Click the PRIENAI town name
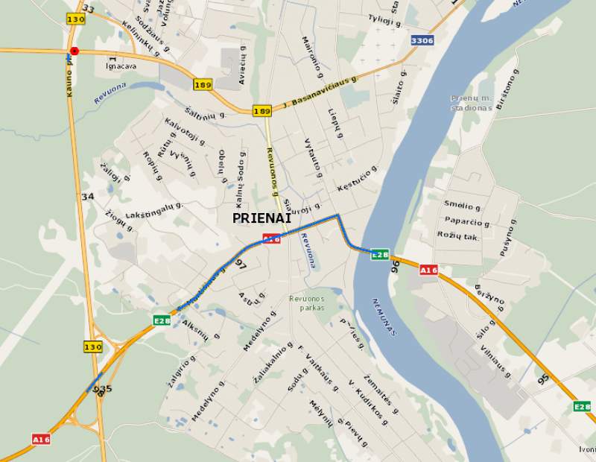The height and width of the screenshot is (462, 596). tap(261, 218)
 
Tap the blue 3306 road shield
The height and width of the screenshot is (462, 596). tap(422, 39)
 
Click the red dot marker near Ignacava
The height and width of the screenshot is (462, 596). tap(74, 51)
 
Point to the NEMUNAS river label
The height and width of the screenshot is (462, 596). tap(384, 317)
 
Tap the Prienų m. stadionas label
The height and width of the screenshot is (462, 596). tap(471, 103)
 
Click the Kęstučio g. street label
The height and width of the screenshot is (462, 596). tap(357, 178)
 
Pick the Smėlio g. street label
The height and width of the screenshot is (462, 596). tap(462, 206)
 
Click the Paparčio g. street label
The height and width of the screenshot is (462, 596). tap(467, 222)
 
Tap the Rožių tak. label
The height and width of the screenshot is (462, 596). tap(459, 235)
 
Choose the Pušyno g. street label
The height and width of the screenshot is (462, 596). tap(509, 238)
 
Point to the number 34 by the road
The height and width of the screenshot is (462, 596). tap(88, 197)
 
